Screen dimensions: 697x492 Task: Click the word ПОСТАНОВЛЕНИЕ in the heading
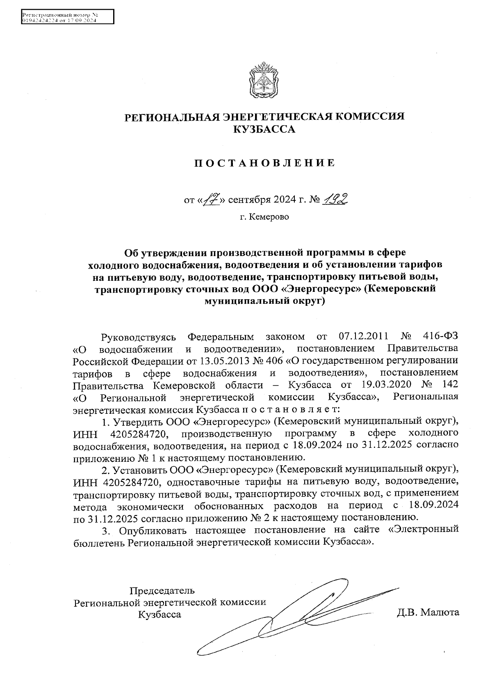click(x=264, y=163)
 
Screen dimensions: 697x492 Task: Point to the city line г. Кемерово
click(x=264, y=217)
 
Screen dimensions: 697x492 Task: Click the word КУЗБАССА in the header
click(x=264, y=130)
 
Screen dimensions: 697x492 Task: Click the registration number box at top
click(x=67, y=18)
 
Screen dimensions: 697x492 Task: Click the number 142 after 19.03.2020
click(x=448, y=386)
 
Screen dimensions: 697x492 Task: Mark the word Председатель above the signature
click(x=162, y=591)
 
